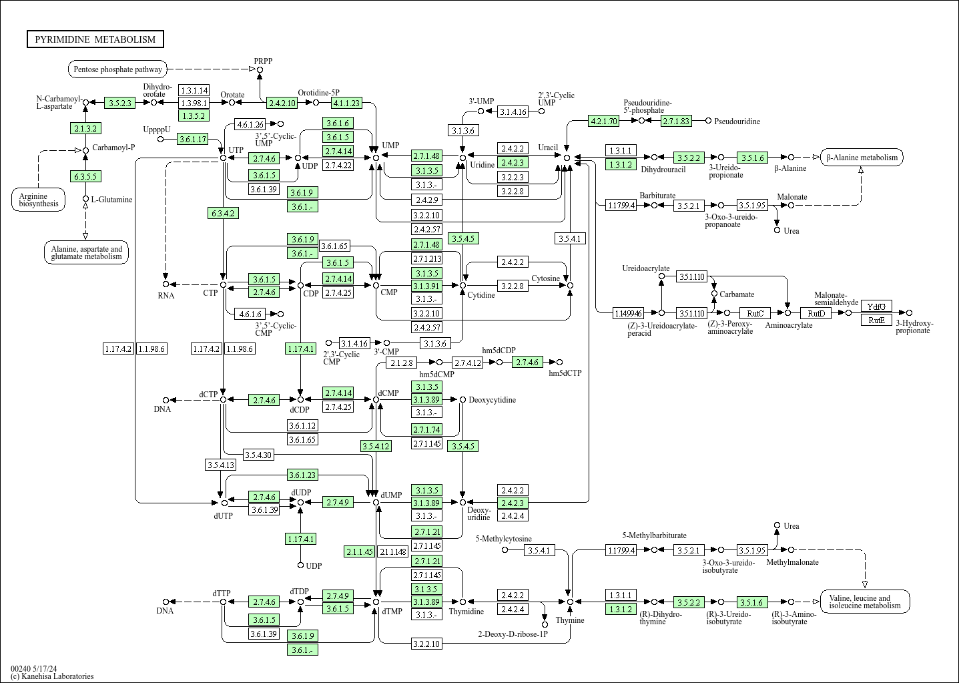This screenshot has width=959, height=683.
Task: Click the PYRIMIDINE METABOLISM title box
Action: pyautogui.click(x=95, y=39)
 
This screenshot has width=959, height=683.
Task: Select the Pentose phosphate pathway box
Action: pyautogui.click(x=117, y=69)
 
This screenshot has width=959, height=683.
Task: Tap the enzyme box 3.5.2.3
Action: pyautogui.click(x=120, y=103)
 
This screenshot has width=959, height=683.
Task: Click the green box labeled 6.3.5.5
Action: pyautogui.click(x=85, y=176)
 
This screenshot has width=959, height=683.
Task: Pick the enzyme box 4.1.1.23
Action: pyautogui.click(x=346, y=103)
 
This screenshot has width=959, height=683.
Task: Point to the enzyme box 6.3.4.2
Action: pyautogui.click(x=224, y=214)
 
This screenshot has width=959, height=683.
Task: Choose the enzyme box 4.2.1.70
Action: pyautogui.click(x=603, y=121)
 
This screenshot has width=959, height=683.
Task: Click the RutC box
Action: pyautogui.click(x=755, y=313)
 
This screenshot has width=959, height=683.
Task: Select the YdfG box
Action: pyautogui.click(x=876, y=306)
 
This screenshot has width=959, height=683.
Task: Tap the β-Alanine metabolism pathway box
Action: pyautogui.click(x=862, y=158)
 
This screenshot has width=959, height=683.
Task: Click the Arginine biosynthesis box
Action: pyautogui.click(x=38, y=200)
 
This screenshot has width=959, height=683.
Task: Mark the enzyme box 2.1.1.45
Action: pyautogui.click(x=360, y=551)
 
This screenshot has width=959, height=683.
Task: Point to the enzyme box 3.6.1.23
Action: pyautogui.click(x=302, y=475)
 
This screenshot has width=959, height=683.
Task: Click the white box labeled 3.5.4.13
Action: pyautogui.click(x=220, y=465)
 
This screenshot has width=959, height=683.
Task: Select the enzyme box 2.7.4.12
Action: pyautogui.click(x=468, y=363)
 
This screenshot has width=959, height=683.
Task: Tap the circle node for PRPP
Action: pyautogui.click(x=260, y=69)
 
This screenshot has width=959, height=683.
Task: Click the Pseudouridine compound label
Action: pyautogui.click(x=737, y=122)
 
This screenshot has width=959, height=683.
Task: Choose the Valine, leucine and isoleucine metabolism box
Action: pyautogui.click(x=864, y=602)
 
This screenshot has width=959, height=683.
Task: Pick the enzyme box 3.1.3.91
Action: pyautogui.click(x=426, y=286)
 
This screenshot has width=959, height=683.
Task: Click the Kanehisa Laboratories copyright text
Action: pyautogui.click(x=52, y=676)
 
